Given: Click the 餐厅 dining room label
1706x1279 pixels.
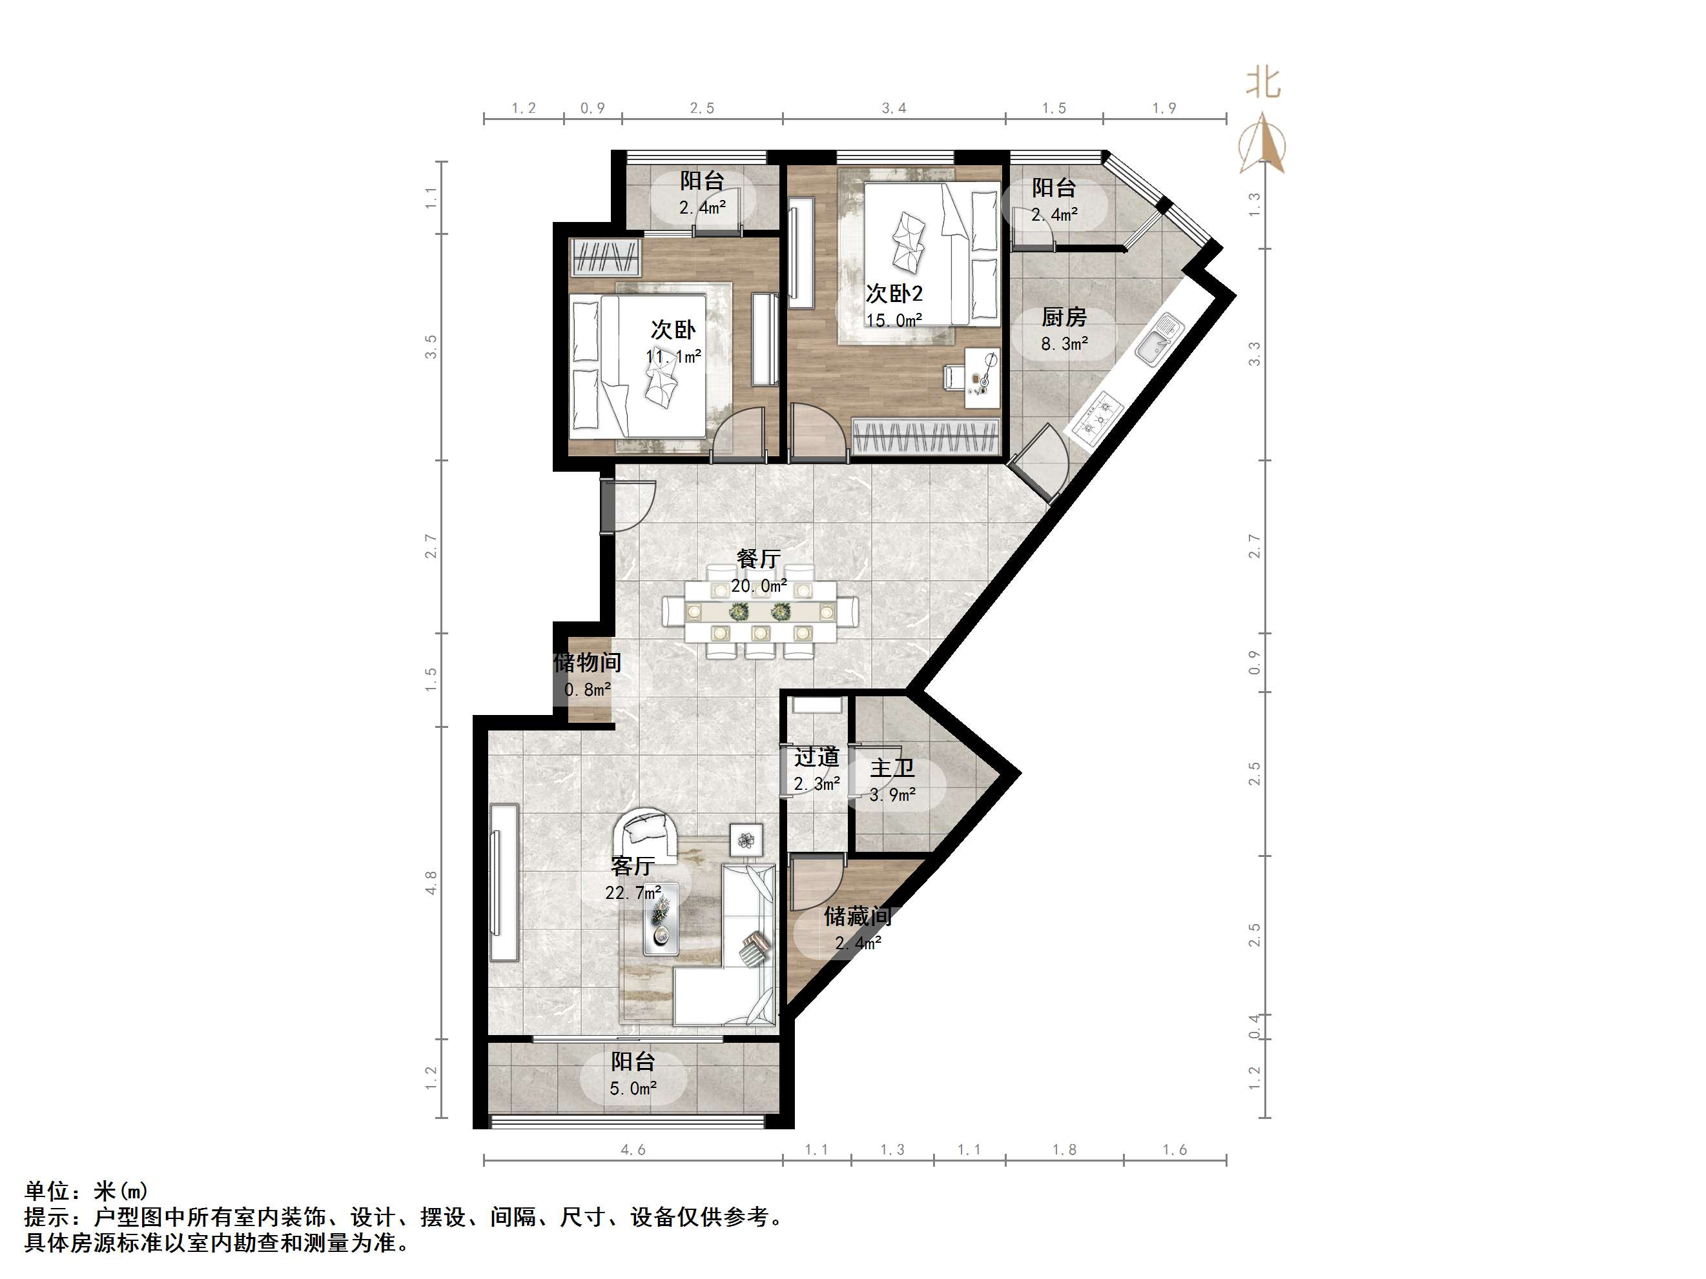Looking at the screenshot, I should [x=758, y=558].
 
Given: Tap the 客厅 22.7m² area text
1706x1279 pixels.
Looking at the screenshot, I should [x=632, y=892].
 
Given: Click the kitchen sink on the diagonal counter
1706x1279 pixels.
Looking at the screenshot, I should [x=1159, y=340].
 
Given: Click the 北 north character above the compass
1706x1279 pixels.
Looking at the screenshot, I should [x=1263, y=83].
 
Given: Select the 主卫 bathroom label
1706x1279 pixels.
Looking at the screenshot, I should [x=892, y=768].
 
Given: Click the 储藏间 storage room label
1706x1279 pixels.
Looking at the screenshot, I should [x=857, y=916].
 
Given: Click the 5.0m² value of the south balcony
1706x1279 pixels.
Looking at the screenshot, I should [x=632, y=1089].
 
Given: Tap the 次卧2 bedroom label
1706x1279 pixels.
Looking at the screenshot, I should [x=894, y=294].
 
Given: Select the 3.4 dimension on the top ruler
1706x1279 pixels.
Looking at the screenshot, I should [x=894, y=108].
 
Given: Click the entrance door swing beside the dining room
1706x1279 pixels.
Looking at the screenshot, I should [x=628, y=505].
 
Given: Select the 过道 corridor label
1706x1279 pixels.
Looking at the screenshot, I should [x=816, y=757].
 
